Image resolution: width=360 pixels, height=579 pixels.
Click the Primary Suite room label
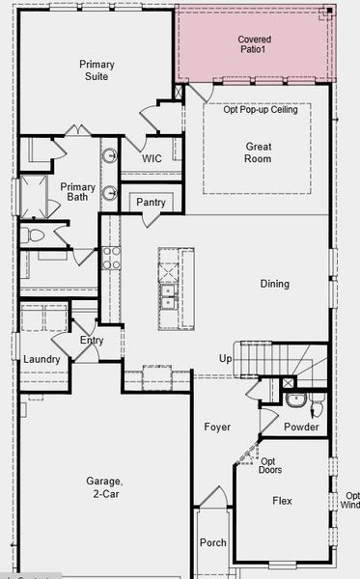click(97, 71)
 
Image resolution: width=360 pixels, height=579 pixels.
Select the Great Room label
click(257, 152)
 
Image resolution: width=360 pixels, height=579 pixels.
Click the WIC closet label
click(152, 158)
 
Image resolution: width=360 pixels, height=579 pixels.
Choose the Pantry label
click(151, 203)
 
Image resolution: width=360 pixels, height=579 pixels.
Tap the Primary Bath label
click(77, 193)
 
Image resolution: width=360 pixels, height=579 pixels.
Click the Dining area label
click(274, 284)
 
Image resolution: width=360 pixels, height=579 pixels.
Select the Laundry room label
click(42, 360)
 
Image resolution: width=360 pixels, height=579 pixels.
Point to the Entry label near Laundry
click(92, 341)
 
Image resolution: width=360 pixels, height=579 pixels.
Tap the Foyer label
click(216, 427)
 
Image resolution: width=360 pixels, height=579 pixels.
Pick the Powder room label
click(302, 427)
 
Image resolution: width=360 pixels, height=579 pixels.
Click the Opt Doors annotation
click(270, 465)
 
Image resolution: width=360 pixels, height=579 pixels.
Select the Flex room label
click(282, 502)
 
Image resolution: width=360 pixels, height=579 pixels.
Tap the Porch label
click(212, 543)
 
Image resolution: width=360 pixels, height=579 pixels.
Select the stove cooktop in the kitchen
click(111, 257)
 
